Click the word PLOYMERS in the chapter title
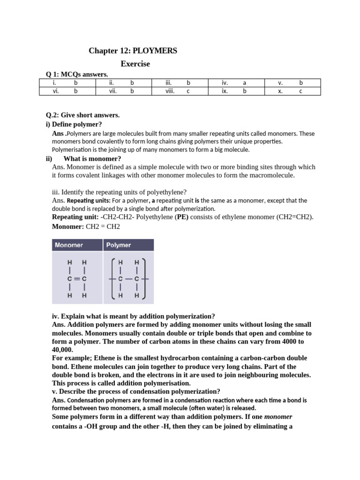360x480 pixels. (155, 51)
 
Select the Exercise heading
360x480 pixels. (135, 64)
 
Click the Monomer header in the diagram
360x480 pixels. (69, 245)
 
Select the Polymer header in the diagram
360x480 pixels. (119, 245)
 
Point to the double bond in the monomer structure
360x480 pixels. (77, 278)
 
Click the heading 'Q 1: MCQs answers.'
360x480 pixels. (76, 74)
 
